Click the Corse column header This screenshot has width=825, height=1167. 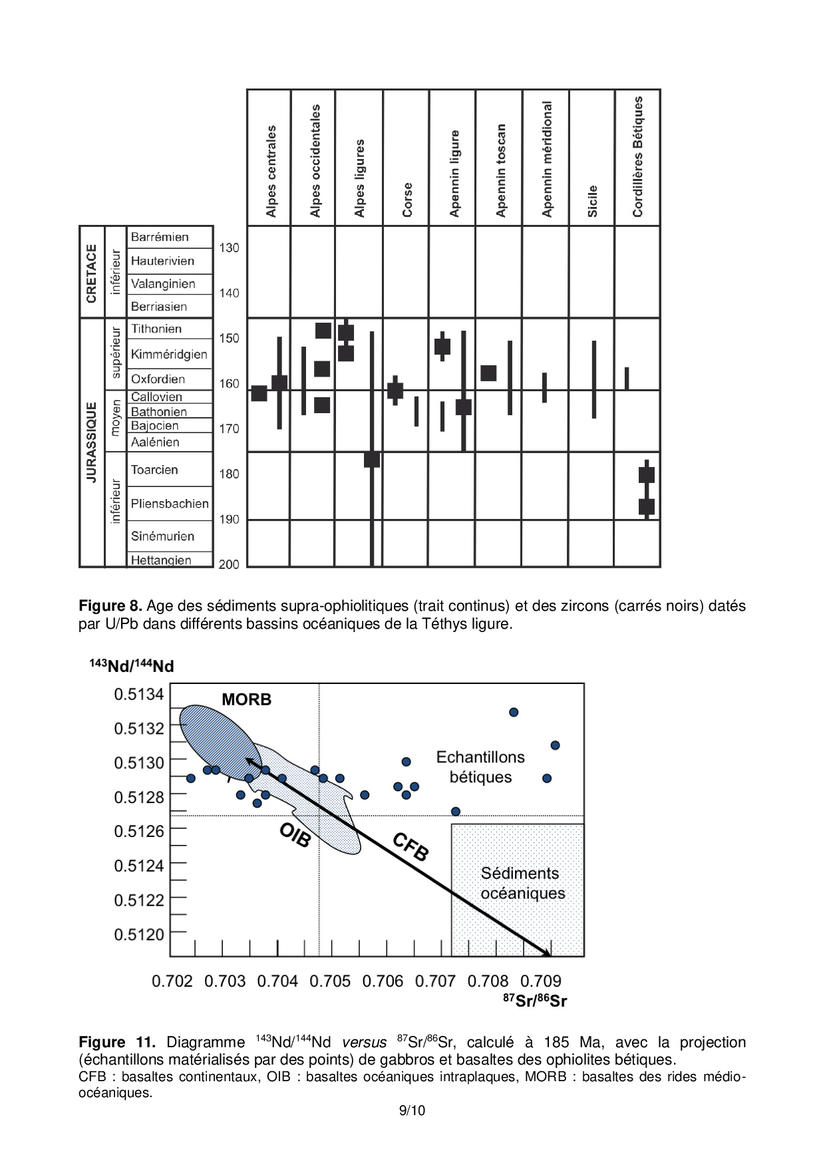407,200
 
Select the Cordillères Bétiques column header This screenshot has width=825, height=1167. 637,157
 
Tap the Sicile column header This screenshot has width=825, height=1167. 592,201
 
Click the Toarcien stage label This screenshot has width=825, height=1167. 154,470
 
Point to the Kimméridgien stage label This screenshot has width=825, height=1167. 169,354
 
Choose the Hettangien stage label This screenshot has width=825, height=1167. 161,560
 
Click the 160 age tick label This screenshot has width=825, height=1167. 229,384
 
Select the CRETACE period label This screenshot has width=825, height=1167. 92,273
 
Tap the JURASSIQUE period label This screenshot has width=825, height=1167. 92,442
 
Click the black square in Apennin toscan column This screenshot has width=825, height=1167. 488,373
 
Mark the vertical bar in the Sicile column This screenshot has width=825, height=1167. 594,379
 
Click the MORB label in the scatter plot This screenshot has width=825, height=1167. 246,699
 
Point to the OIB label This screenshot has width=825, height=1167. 295,835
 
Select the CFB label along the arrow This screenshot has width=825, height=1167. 410,846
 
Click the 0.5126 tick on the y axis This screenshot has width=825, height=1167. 138,831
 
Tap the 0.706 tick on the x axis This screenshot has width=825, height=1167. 383,981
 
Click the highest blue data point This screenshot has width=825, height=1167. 514,712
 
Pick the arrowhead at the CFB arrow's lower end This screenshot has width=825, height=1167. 547,953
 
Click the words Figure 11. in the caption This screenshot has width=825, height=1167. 116,1043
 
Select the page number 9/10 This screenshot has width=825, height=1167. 412,1110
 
